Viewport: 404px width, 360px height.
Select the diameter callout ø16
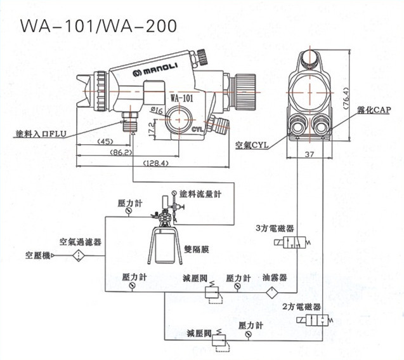[157, 111]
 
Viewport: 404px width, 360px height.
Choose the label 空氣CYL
[252, 144]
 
